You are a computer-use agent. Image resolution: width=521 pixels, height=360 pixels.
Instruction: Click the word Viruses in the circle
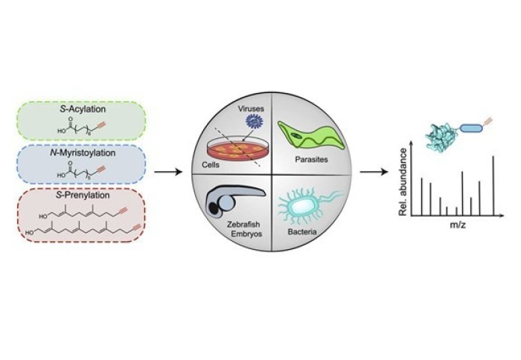(x=248, y=108)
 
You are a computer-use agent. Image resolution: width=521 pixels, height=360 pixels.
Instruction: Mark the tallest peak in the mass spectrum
(x=493, y=176)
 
